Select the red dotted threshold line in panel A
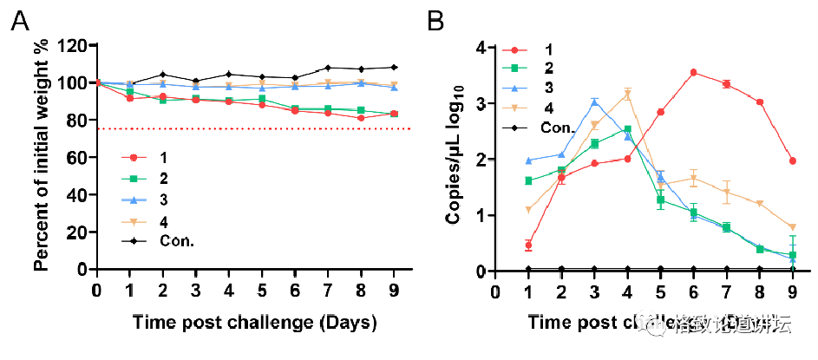pyautogui.click(x=260, y=128)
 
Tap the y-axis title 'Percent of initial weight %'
pyautogui.click(x=40, y=157)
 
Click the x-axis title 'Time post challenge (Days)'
pyautogui.click(x=255, y=323)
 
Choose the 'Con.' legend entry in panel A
pyautogui.click(x=175, y=240)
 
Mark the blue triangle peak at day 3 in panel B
pyautogui.click(x=593, y=102)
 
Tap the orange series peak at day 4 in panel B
pyautogui.click(x=626, y=94)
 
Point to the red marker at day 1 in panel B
pyautogui.click(x=527, y=245)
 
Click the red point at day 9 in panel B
pyautogui.click(x=791, y=160)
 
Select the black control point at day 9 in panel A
pyautogui.click(x=395, y=67)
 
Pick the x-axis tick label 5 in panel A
pyautogui.click(x=262, y=289)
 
